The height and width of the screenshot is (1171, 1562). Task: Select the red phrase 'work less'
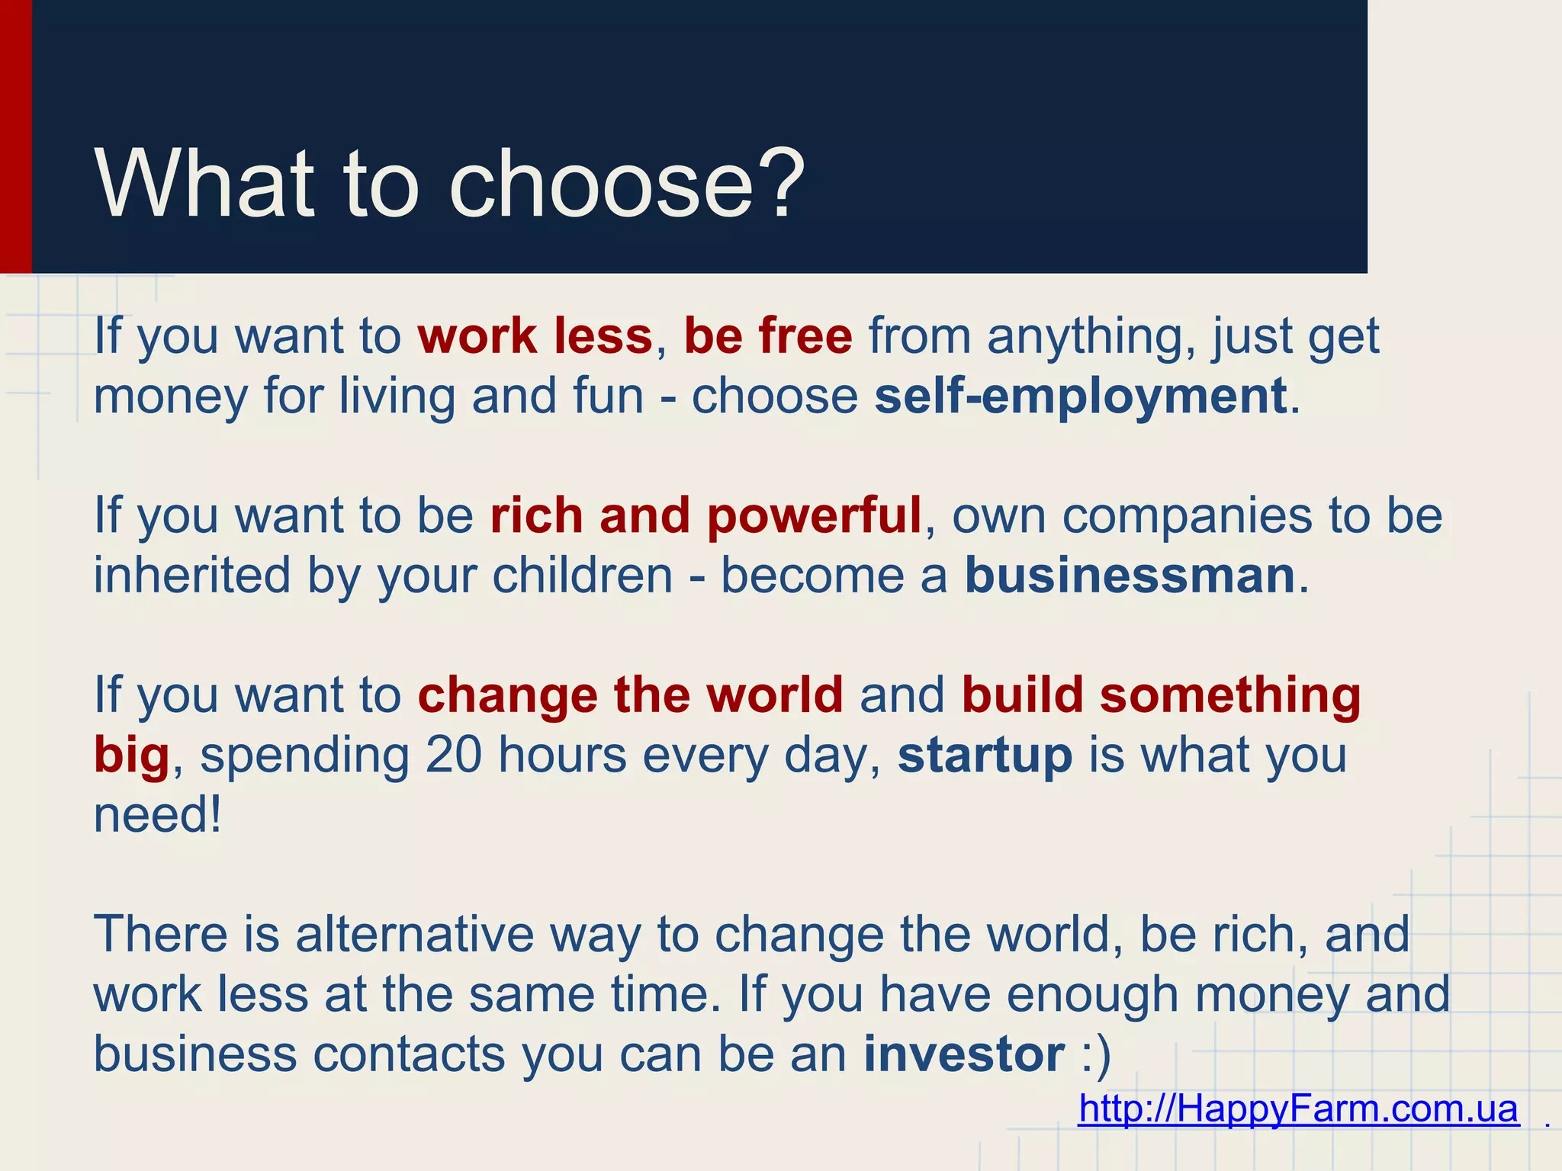[x=535, y=336]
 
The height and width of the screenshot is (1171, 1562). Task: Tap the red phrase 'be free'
[x=767, y=336]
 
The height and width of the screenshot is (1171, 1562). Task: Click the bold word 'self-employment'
[x=1080, y=396]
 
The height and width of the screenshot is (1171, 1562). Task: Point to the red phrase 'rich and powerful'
[x=705, y=516]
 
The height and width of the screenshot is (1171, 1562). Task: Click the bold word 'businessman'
[x=1130, y=576]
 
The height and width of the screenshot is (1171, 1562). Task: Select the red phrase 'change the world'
[x=630, y=695]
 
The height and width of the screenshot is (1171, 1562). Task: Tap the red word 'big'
[x=131, y=757]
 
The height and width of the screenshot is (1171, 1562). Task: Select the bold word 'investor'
[x=963, y=1054]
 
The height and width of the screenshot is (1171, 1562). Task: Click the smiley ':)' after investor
[x=1096, y=1056]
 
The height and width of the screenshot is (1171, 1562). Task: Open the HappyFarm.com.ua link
[x=1298, y=1108]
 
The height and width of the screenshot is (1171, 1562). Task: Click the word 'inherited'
[x=192, y=576]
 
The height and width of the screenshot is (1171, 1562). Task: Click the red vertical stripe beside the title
[x=15, y=137]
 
